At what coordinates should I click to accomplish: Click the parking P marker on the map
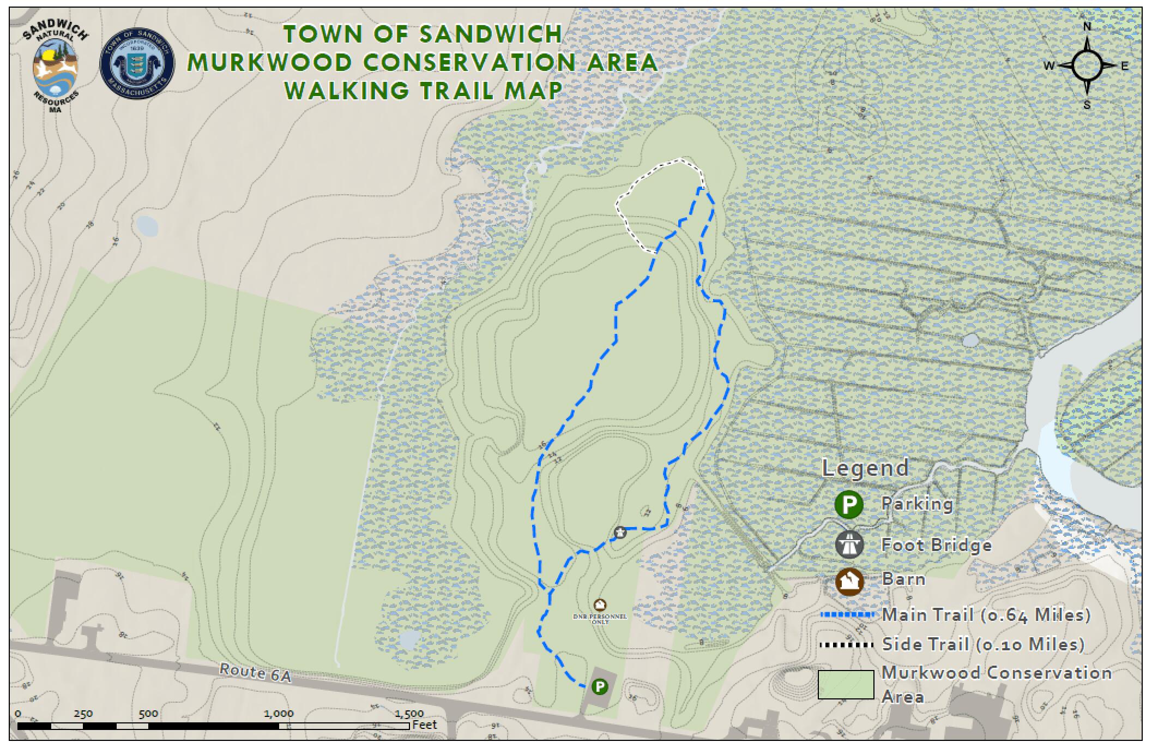pyautogui.click(x=600, y=686)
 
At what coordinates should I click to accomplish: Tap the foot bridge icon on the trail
pyautogui.click(x=620, y=532)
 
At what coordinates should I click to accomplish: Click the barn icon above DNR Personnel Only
pyautogui.click(x=600, y=605)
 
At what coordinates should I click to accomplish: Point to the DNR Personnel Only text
pyautogui.click(x=600, y=619)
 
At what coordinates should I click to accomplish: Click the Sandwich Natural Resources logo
pyautogui.click(x=56, y=70)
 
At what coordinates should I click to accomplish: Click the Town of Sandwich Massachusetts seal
pyautogui.click(x=137, y=64)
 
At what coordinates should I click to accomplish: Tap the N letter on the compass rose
pyautogui.click(x=1087, y=27)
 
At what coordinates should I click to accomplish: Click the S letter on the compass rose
pyautogui.click(x=1087, y=105)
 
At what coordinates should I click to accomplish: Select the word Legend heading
pyautogui.click(x=865, y=468)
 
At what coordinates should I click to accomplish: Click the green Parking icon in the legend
pyautogui.click(x=848, y=504)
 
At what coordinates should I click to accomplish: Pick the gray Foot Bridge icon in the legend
pyautogui.click(x=848, y=544)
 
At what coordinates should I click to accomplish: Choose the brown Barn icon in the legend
pyautogui.click(x=848, y=581)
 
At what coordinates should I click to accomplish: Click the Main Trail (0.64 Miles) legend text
pyautogui.click(x=986, y=615)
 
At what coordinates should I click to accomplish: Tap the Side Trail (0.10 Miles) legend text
pyautogui.click(x=983, y=644)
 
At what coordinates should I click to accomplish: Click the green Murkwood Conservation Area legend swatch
pyautogui.click(x=846, y=684)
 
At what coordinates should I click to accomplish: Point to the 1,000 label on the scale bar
pyautogui.click(x=279, y=713)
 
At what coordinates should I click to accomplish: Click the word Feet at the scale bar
pyautogui.click(x=425, y=725)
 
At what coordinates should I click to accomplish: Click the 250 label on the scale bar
pyautogui.click(x=83, y=713)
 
